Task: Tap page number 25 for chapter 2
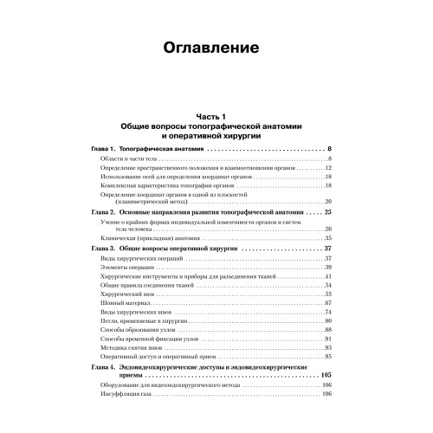pos(327,212)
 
